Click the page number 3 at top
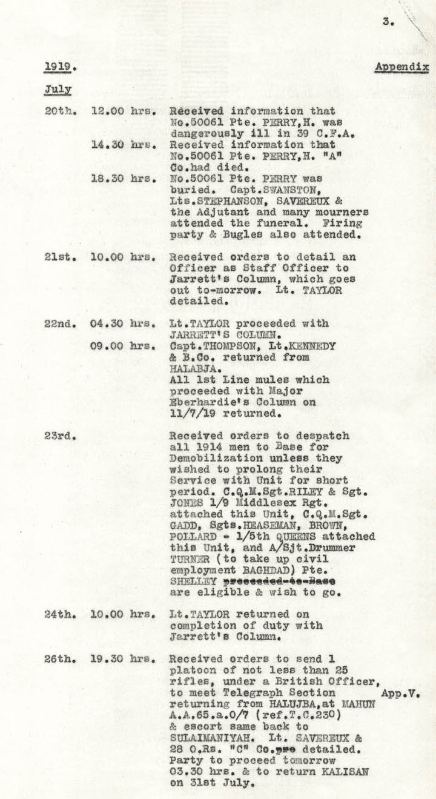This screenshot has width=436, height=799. click(x=386, y=22)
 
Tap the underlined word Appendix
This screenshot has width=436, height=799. click(x=401, y=67)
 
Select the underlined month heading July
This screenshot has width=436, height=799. click(x=58, y=89)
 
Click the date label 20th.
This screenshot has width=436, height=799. click(x=59, y=111)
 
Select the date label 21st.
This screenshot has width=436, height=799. click(x=59, y=257)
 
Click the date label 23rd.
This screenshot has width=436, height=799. click(x=58, y=436)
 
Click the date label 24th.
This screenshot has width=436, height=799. click(x=59, y=614)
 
